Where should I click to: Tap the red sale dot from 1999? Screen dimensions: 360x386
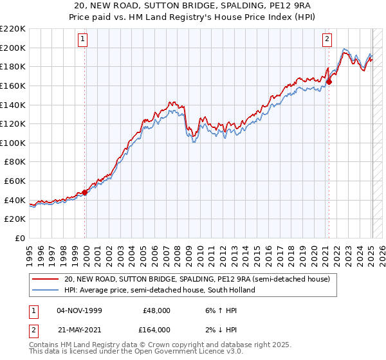[x=85, y=192]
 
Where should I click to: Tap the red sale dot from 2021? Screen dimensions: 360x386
[x=329, y=82]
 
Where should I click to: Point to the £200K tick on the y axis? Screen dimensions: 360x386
[x=14, y=48]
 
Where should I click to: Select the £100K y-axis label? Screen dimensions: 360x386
[x=14, y=143]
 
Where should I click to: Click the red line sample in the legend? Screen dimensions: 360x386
[x=46, y=279]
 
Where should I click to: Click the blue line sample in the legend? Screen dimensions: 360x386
[x=46, y=290]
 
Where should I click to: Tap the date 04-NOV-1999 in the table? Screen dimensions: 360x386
[x=80, y=310]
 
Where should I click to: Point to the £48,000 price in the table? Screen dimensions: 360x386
[x=156, y=310]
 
